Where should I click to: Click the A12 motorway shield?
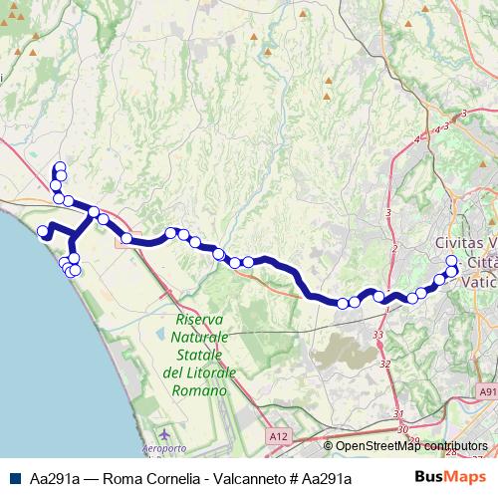click(x=280, y=436)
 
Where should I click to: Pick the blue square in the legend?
click(x=13, y=478)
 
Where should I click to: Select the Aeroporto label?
click(x=165, y=451)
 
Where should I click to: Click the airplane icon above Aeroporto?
click(x=164, y=436)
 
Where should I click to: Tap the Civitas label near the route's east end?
click(x=464, y=244)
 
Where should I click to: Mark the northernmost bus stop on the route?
click(x=60, y=167)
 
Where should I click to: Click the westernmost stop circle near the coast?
click(x=43, y=233)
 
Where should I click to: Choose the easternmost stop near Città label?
click(x=453, y=272)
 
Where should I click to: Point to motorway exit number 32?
click(x=384, y=365)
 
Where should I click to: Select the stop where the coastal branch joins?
click(x=94, y=212)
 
